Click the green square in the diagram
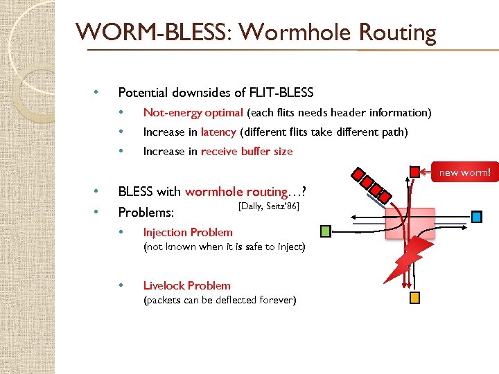tap(326, 230)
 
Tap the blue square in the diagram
tap(476, 217)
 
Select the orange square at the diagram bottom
tap(414, 299)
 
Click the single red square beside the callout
tap(414, 171)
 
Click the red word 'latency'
tap(218, 132)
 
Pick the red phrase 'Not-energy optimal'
tap(193, 112)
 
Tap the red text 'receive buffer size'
tap(247, 151)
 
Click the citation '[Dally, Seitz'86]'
tap(268, 206)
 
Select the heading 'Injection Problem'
tap(187, 233)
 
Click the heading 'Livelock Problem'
tap(186, 285)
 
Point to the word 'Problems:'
tap(146, 211)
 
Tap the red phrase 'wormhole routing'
tap(236, 192)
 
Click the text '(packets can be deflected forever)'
tap(219, 300)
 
